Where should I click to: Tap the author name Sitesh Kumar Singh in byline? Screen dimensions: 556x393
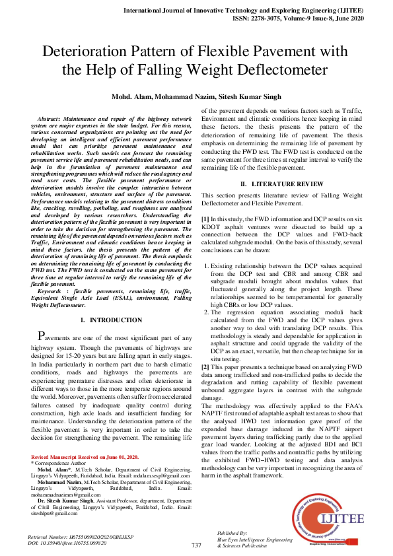[252, 96]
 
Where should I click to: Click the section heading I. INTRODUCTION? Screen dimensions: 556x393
[110, 320]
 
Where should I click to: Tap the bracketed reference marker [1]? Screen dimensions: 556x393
[205, 217]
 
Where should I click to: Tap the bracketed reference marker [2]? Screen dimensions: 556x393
[205, 366]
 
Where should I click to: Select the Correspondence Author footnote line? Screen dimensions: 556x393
[59, 464]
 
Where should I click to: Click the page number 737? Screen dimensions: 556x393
[196, 545]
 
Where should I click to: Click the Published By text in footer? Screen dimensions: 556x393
[232, 533]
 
